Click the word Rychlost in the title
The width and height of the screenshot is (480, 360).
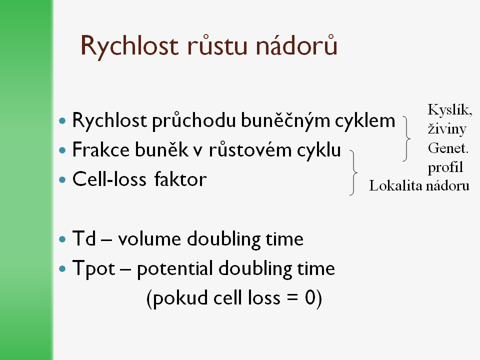click(129, 46)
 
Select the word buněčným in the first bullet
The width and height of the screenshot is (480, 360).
click(285, 120)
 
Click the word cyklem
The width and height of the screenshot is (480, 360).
click(365, 120)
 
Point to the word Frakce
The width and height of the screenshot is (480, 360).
click(100, 149)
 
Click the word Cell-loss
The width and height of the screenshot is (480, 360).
click(109, 179)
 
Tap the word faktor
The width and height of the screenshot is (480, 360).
click(180, 179)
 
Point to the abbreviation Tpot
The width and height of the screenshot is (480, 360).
click(93, 269)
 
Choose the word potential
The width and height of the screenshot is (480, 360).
click(175, 269)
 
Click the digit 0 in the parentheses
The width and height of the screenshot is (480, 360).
click(310, 297)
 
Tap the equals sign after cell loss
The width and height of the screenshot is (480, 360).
click(292, 297)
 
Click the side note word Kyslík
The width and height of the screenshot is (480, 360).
click(450, 110)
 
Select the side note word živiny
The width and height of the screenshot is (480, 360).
click(447, 129)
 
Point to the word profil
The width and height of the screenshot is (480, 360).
click(445, 167)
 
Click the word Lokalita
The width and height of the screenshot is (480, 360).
click(395, 185)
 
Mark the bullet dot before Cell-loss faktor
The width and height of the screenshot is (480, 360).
click(62, 179)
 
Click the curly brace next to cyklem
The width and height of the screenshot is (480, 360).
click(407, 138)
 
